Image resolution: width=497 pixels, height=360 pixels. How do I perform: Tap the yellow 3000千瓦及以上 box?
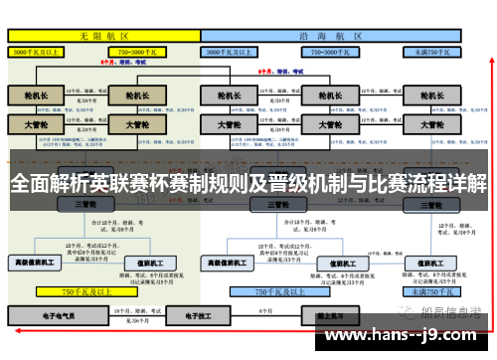coord(40,50)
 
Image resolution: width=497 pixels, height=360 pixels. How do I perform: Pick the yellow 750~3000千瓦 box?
coord(138,50)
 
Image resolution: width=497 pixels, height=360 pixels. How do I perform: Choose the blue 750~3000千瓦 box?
coord(332,50)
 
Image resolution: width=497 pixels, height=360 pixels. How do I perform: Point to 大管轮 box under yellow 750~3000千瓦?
coord(130,126)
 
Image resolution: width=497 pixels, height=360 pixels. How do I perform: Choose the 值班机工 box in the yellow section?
coord(148,263)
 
